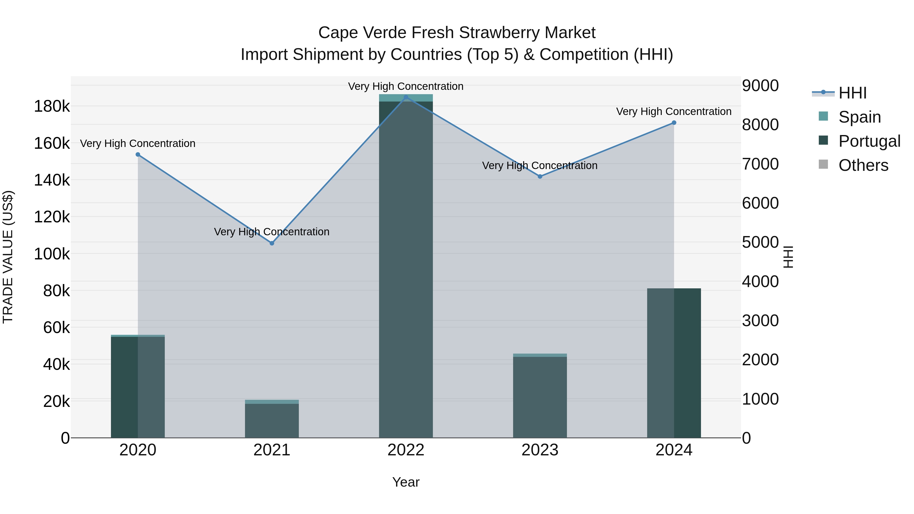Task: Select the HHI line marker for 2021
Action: (x=272, y=243)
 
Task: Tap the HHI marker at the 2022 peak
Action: (x=406, y=97)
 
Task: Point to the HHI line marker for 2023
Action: (x=540, y=177)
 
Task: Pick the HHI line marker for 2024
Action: (x=674, y=123)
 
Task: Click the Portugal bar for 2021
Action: (x=272, y=421)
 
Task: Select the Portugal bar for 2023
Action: (x=540, y=397)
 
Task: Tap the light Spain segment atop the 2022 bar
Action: (x=406, y=98)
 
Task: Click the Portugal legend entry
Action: (x=869, y=141)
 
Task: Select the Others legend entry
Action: (x=863, y=165)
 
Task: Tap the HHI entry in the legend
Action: (x=852, y=93)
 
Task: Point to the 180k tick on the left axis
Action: (x=52, y=106)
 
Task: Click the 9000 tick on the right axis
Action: (x=760, y=86)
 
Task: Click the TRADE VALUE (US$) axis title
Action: (x=8, y=257)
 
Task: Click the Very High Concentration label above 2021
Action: (x=272, y=232)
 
